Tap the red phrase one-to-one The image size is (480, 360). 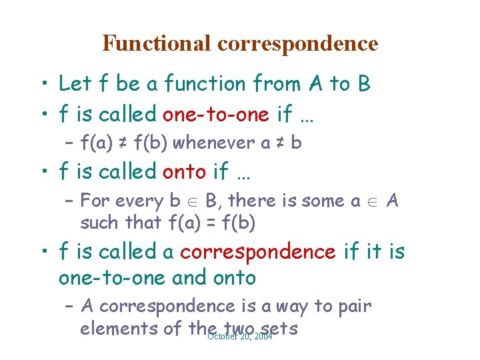(x=217, y=114)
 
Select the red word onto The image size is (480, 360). (x=184, y=171)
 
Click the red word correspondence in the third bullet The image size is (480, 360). (x=257, y=252)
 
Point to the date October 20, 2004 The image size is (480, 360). (x=240, y=336)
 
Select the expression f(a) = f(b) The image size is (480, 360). (x=212, y=223)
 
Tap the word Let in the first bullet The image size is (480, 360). (x=75, y=84)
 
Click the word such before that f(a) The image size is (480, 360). (x=100, y=223)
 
